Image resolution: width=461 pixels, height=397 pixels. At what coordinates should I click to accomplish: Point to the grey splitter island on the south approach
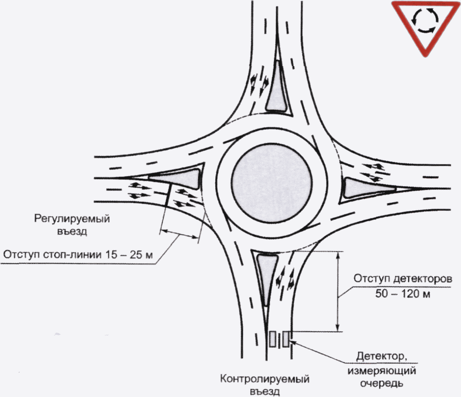tap(265, 275)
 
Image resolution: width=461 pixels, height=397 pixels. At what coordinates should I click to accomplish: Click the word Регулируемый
tap(72, 218)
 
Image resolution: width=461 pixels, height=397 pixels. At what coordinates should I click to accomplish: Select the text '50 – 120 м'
tap(402, 294)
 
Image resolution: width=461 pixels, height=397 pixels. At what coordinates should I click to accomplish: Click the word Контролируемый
tap(265, 378)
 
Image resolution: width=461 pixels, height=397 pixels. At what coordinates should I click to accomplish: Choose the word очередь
tap(382, 383)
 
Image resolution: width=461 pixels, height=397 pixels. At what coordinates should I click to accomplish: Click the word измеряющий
tap(382, 370)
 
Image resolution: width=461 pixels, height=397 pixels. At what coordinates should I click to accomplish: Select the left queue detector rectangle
tap(273, 339)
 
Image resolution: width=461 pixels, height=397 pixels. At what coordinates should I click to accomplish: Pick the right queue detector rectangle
tap(286, 339)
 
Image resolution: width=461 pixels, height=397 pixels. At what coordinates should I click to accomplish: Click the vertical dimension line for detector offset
tap(338, 291)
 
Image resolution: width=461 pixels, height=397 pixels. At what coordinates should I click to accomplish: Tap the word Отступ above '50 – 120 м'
tap(371, 278)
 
